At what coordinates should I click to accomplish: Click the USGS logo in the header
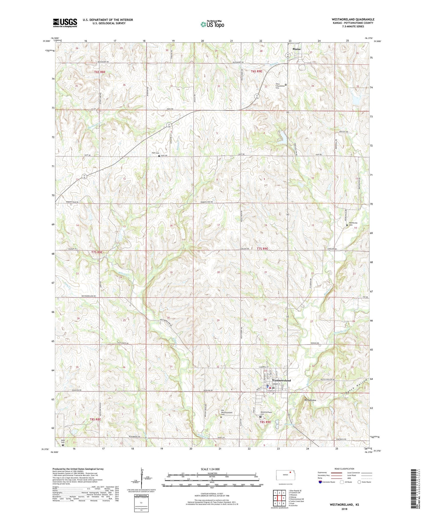point(65,22)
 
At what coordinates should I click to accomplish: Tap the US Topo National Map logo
point(212,24)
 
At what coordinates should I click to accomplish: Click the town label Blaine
point(296,49)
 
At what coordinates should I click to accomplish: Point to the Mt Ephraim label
point(310,400)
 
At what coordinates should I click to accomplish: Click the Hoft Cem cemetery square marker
point(159,156)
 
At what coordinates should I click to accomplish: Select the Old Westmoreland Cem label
point(227,413)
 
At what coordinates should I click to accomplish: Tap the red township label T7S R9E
point(262,249)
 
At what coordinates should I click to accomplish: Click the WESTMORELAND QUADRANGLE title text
point(353,19)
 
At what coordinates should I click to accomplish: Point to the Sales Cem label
point(63,441)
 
